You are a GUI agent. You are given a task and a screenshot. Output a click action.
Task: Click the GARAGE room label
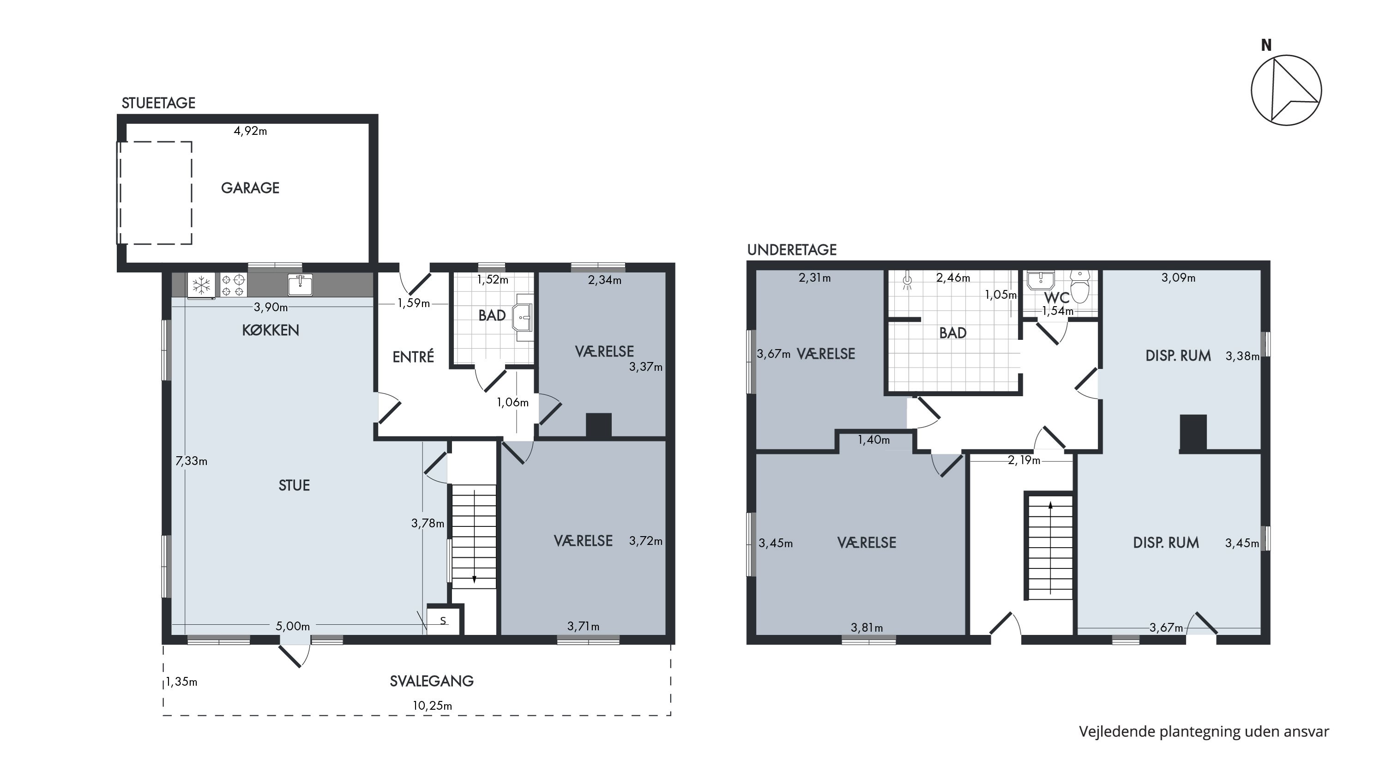click(250, 187)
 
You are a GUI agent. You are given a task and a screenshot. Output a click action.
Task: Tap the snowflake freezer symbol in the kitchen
click(202, 285)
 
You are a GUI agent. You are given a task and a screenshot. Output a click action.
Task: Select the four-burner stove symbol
click(233, 285)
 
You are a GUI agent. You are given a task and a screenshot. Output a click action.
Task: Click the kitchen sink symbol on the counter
click(300, 284)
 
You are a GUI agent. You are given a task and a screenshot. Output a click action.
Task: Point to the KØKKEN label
click(271, 330)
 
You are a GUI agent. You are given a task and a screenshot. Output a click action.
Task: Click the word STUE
click(294, 485)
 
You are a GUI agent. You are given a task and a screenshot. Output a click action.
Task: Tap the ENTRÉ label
click(413, 356)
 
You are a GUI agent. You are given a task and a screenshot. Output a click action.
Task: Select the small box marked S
click(444, 621)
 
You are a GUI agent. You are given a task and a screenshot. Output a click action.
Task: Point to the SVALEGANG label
click(432, 681)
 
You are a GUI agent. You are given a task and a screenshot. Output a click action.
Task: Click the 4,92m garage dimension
click(251, 131)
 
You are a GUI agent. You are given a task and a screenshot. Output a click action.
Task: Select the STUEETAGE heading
click(159, 103)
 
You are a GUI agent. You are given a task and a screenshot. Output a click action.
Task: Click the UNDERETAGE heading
click(792, 249)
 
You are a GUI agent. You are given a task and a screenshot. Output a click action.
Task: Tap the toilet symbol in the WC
click(1080, 286)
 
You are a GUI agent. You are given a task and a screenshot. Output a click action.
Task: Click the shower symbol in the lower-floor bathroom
click(907, 279)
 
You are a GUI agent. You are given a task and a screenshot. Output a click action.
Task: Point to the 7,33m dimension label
click(192, 461)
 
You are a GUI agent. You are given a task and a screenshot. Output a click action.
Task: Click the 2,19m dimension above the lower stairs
click(1024, 460)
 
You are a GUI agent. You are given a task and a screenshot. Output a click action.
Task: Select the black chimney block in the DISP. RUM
click(1193, 433)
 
